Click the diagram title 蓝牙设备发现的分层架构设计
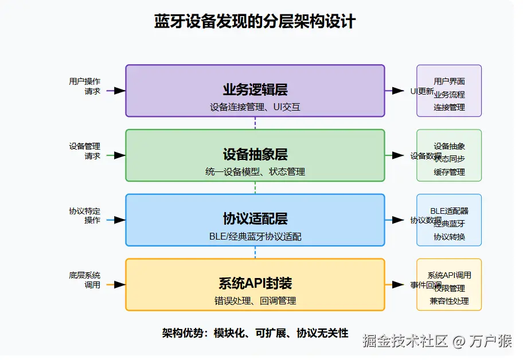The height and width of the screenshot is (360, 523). coord(255,22)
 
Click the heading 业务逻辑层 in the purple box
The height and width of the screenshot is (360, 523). coord(255,89)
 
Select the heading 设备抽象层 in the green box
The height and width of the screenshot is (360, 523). coord(255,154)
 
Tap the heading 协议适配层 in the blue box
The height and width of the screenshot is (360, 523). coord(255,218)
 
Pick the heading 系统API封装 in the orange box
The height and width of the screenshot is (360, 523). coord(255,283)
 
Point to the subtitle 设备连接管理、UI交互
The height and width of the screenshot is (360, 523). coord(255,107)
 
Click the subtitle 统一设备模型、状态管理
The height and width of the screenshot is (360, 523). coord(255,171)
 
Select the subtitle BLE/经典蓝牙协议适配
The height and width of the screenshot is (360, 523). coord(255,236)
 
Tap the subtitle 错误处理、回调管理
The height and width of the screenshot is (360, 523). coord(255,300)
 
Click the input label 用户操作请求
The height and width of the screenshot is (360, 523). coord(84,86)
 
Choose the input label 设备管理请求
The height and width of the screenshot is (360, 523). coord(84,151)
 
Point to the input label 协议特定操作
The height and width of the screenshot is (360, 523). coord(84,216)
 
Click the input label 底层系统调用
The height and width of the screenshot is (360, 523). coord(84,280)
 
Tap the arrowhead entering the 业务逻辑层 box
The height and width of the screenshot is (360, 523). coord(120,91)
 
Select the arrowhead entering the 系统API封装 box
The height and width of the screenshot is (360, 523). coord(120,284)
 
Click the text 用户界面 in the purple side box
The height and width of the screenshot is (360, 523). coord(449,81)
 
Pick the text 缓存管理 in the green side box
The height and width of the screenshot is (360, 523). coord(449,171)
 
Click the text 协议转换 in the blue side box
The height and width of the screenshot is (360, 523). coord(449,237)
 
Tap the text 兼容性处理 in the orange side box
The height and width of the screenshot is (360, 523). coord(449,300)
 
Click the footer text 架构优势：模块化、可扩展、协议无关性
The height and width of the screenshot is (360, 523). coord(255,333)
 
